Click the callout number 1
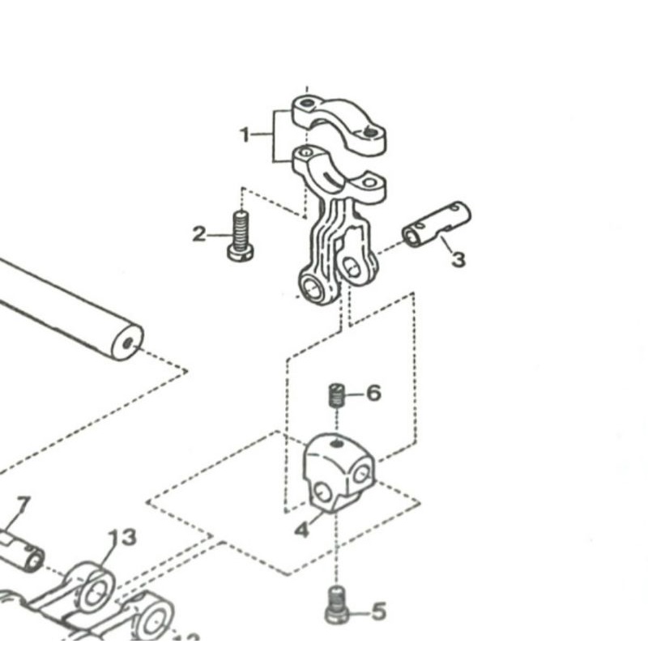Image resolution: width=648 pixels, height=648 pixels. [245, 134]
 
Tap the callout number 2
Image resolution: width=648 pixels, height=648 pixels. [199, 235]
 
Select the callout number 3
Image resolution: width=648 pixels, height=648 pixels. [458, 260]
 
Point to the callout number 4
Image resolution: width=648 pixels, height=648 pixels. [301, 531]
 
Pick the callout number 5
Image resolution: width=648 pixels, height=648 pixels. [378, 612]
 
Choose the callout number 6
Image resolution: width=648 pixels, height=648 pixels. [373, 394]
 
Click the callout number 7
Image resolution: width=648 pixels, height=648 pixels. [23, 506]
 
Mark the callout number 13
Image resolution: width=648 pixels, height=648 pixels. [122, 537]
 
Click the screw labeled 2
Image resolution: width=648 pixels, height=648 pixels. [240, 236]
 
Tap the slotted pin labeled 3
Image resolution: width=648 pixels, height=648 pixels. [436, 224]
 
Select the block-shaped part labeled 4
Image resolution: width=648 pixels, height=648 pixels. [338, 473]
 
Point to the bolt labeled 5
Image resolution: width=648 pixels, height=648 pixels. [337, 606]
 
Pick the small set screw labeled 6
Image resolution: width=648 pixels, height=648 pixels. [337, 396]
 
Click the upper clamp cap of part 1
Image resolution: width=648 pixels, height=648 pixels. [339, 122]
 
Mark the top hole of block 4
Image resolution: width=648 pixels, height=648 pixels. [335, 442]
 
